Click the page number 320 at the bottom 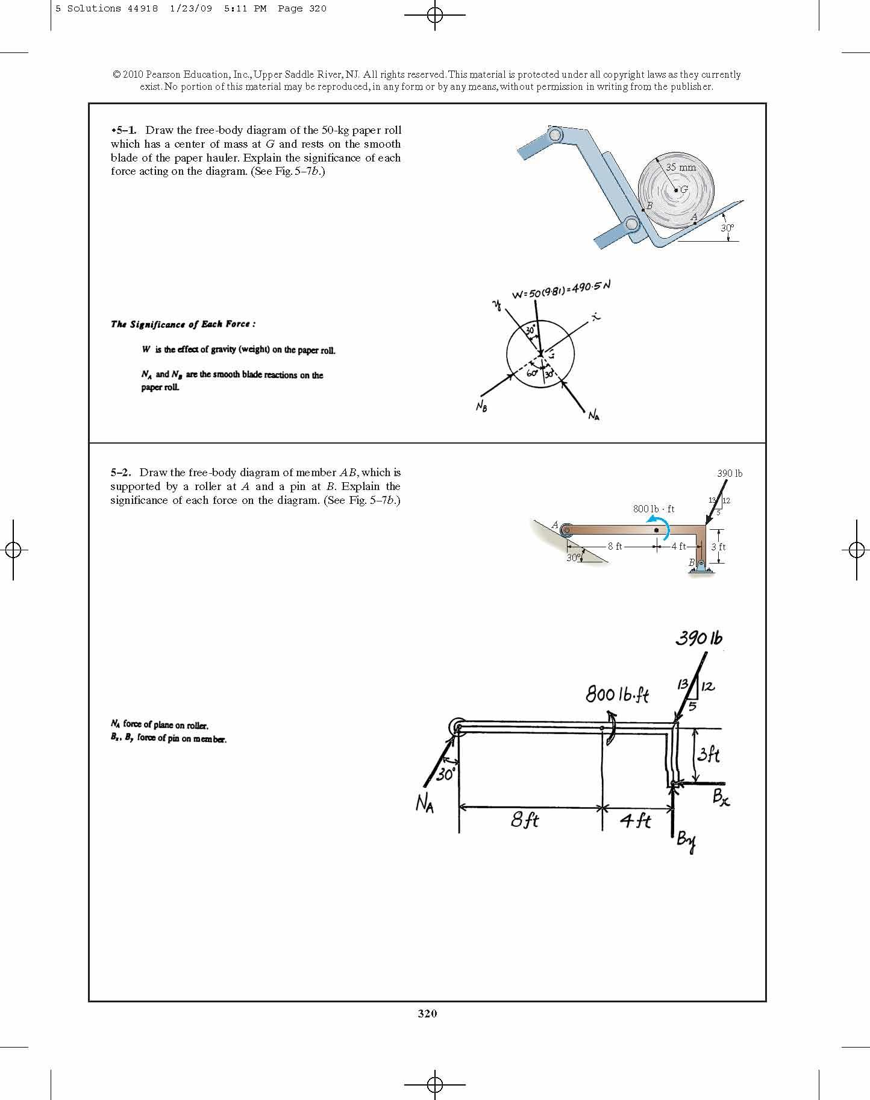tap(427, 1014)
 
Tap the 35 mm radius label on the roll tap(681, 167)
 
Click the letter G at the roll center tap(684, 189)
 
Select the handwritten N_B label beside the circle tap(481, 407)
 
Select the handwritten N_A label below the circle tap(593, 415)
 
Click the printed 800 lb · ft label tap(654, 509)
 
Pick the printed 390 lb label tap(730, 473)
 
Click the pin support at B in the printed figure tap(701, 566)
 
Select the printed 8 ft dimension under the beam tap(615, 547)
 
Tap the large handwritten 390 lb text tap(699, 638)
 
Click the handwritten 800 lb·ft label tap(617, 694)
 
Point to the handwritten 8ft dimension tap(525, 820)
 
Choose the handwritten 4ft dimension tap(636, 820)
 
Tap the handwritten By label tap(686, 841)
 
